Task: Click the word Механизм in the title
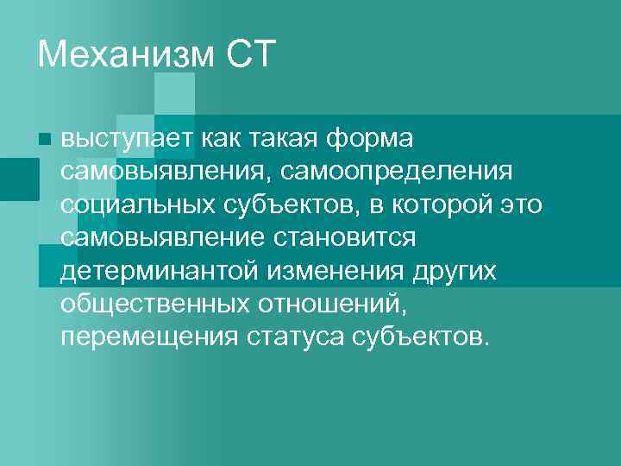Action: point(125,55)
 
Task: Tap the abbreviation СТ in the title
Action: point(250,55)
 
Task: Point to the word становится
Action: point(356,236)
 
